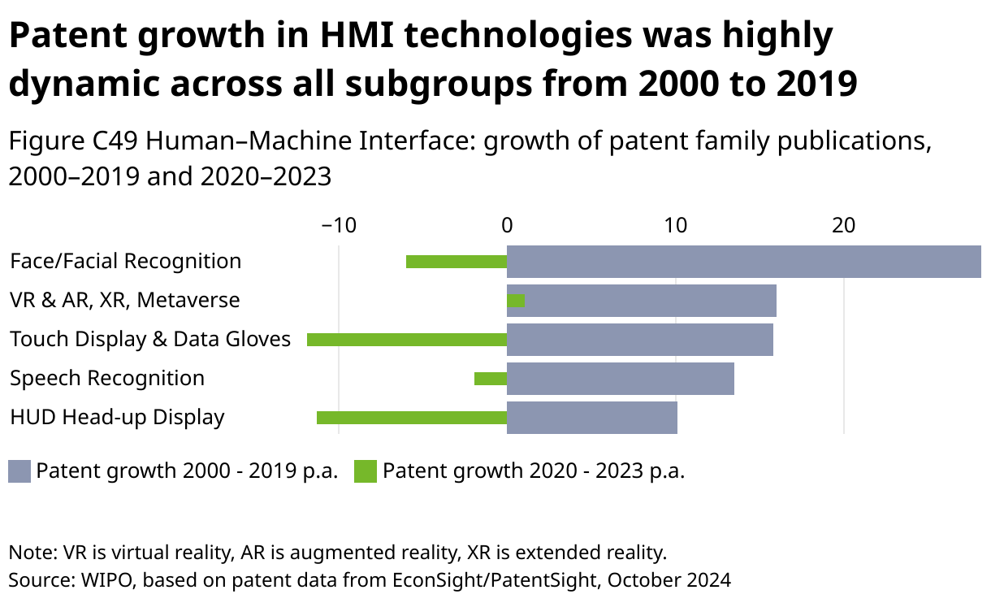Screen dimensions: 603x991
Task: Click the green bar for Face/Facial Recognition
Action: [x=457, y=262]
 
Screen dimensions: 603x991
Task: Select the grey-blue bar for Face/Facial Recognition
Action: [x=743, y=262]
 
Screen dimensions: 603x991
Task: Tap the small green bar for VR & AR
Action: [x=516, y=301]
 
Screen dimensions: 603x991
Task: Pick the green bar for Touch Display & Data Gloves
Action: [x=407, y=340]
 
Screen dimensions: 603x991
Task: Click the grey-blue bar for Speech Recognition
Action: [x=621, y=379]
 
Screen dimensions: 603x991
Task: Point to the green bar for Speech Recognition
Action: [x=491, y=379]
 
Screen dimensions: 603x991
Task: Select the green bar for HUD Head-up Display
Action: [x=412, y=418]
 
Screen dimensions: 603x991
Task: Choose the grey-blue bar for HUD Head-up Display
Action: [x=592, y=418]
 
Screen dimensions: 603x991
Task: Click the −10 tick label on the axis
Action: [x=339, y=225]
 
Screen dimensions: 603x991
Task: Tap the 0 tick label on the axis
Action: [x=507, y=225]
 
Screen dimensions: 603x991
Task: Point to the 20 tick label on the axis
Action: [x=844, y=225]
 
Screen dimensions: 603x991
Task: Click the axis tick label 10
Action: [x=675, y=225]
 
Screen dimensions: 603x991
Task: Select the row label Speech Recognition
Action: [x=107, y=379]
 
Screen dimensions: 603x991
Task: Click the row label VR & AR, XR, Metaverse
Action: [x=125, y=301]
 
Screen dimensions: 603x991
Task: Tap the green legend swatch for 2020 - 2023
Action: [x=366, y=471]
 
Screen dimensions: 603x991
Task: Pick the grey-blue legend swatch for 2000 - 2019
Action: [x=19, y=471]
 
